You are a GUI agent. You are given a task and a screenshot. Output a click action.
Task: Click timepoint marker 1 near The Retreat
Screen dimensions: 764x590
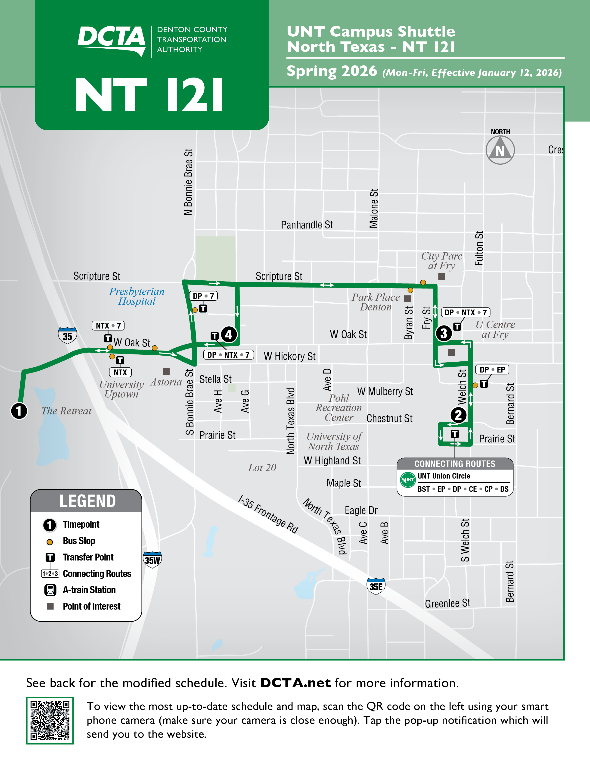click(19, 411)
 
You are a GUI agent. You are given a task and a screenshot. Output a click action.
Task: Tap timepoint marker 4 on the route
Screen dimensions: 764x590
click(229, 335)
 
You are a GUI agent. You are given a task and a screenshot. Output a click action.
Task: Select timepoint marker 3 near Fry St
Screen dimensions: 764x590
click(444, 333)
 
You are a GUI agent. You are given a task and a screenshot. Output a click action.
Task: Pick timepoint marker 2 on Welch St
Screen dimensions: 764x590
click(458, 415)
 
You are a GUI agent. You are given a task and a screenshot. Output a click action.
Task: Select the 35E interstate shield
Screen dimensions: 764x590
click(376, 586)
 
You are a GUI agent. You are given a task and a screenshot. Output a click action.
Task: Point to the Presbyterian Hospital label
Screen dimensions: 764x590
click(137, 296)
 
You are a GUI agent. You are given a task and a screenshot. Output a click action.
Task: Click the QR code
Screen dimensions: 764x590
click(50, 720)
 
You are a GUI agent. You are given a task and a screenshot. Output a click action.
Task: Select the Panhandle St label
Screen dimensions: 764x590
click(307, 225)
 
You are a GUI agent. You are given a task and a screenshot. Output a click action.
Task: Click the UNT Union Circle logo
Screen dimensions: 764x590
click(407, 480)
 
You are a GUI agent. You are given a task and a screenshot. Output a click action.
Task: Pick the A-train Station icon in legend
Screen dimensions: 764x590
click(50, 590)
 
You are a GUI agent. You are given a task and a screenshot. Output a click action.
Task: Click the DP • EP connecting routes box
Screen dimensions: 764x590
click(492, 370)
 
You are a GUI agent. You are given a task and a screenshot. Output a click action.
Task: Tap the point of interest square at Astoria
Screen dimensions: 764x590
click(166, 372)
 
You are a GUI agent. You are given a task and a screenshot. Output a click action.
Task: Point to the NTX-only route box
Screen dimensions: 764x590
click(120, 373)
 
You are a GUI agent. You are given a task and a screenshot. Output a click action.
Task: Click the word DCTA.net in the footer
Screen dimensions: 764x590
click(295, 683)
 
